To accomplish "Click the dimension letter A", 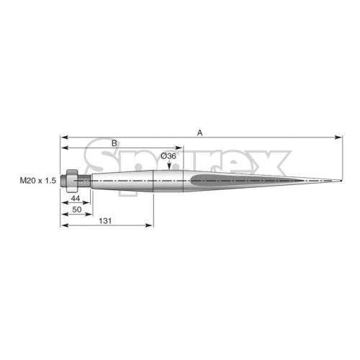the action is pos(199,132).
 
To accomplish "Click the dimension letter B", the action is pos(114,143).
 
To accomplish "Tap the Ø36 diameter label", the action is pos(168,156).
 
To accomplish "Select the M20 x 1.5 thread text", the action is pos(38,180).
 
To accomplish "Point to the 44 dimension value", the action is pos(76,198).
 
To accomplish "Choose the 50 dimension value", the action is pos(77,210).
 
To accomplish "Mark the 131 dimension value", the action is pos(105,221).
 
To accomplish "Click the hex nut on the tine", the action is pos(72,181).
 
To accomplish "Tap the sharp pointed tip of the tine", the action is pos(341,181).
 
